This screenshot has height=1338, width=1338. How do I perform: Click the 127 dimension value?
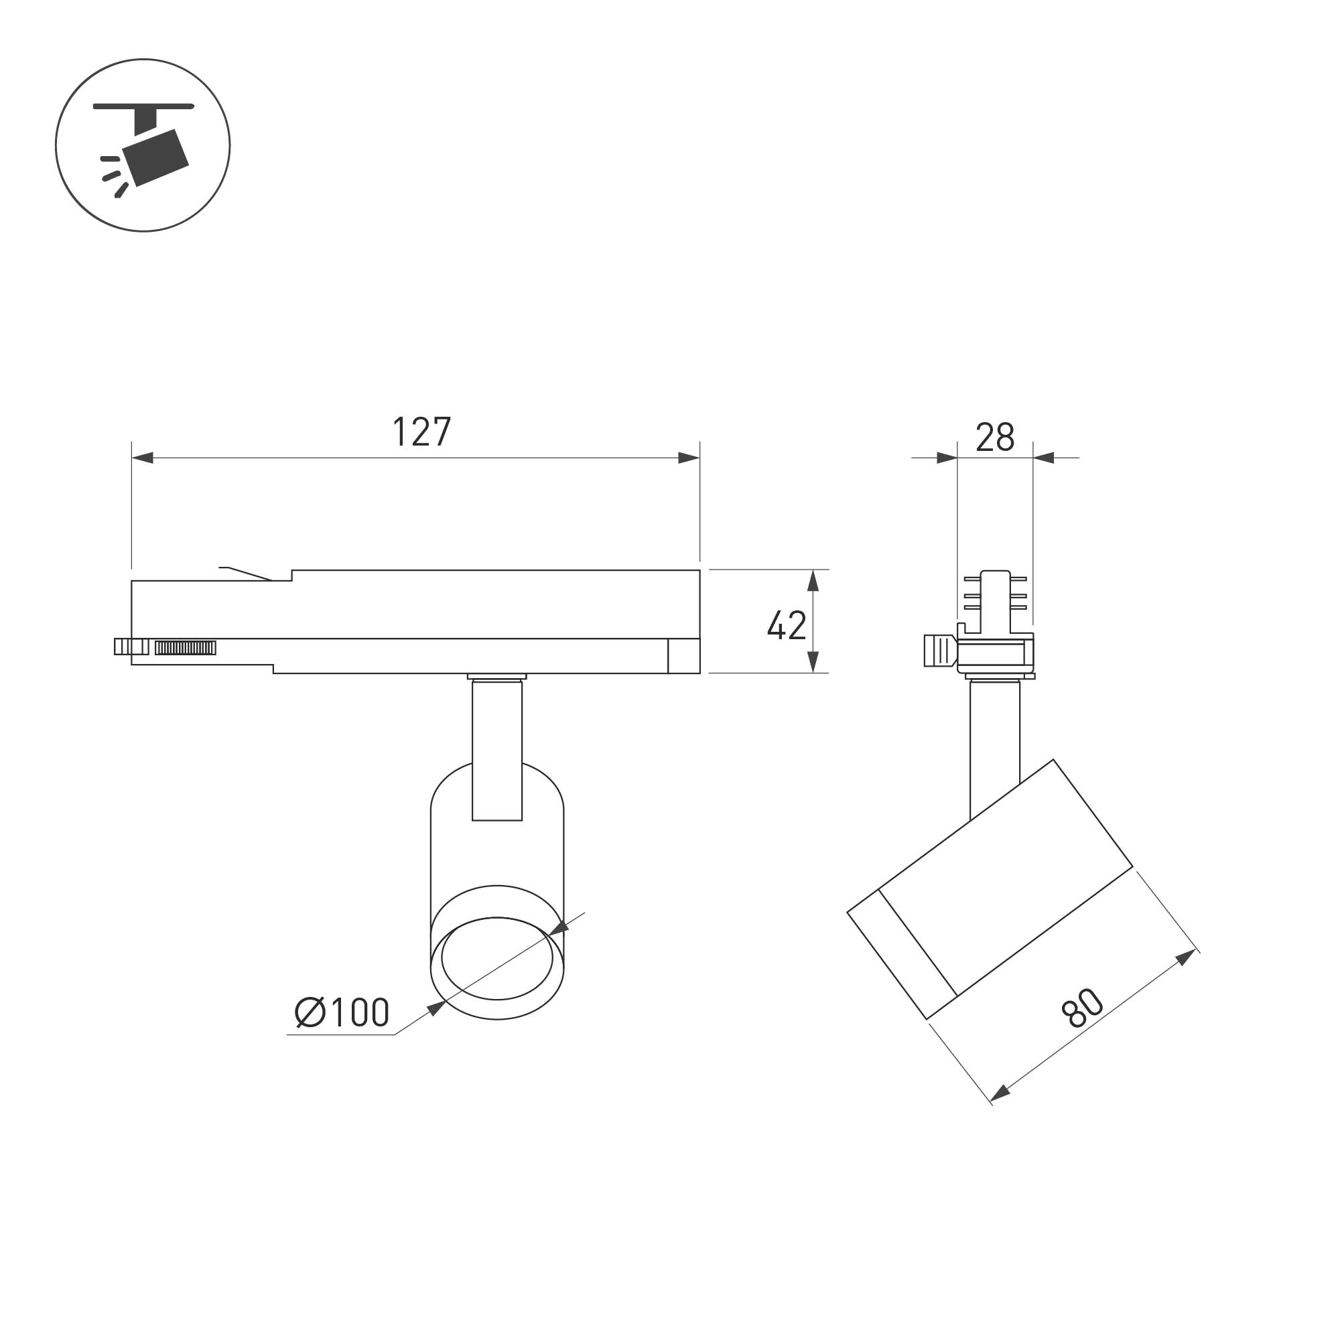tap(421, 432)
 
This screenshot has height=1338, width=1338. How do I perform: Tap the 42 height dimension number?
tap(786, 625)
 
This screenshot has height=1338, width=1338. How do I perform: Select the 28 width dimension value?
tap(994, 437)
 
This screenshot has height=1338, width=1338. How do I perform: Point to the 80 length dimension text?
tap(1083, 1008)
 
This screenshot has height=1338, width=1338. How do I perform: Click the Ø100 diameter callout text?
tap(342, 1012)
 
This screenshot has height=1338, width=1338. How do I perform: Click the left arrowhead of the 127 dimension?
tap(142, 458)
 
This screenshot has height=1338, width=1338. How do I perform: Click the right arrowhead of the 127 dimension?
tap(688, 458)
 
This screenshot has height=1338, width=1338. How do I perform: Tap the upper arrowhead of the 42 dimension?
tap(813, 580)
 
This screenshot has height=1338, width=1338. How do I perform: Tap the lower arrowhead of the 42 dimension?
tap(813, 661)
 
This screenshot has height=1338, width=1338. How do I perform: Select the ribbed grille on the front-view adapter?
tap(185, 647)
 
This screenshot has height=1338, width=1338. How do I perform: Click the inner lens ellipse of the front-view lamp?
tap(497, 959)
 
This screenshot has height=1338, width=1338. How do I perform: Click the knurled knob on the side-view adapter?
tap(940, 651)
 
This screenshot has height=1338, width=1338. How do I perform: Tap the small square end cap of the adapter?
tap(683, 656)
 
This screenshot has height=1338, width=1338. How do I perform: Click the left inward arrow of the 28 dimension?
tap(947, 458)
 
